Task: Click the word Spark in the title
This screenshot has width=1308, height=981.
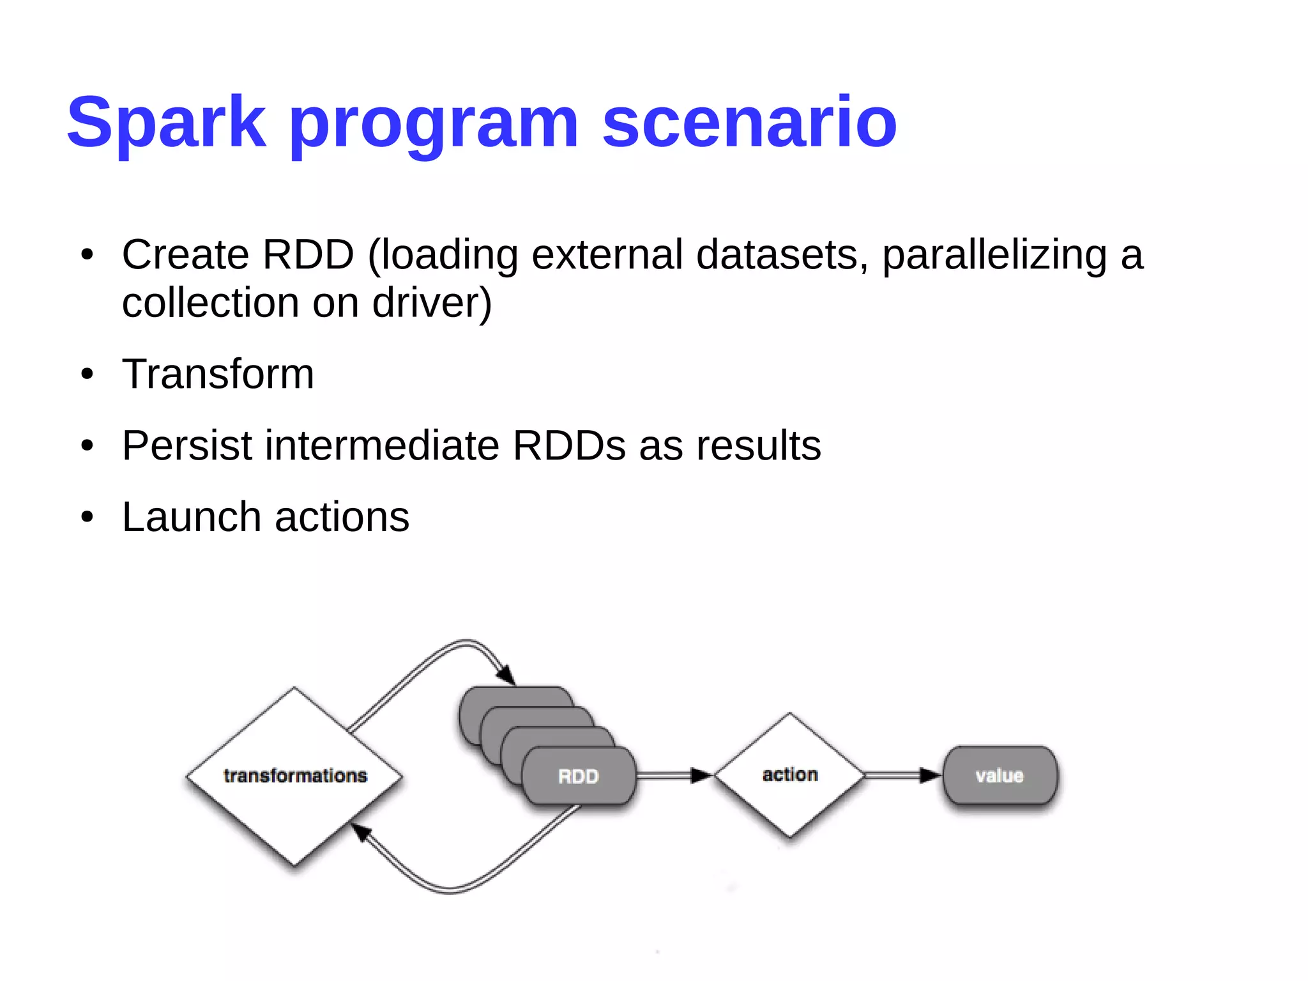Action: (x=166, y=123)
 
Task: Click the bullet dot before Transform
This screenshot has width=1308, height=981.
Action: (x=87, y=375)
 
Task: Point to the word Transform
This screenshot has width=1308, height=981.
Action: (x=218, y=374)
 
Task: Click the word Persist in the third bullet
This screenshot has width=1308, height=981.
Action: (x=186, y=445)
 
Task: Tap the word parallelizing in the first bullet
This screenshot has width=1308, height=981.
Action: (x=994, y=256)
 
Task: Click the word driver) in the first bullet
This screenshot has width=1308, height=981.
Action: (x=432, y=303)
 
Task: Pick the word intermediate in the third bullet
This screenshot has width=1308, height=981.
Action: (x=382, y=445)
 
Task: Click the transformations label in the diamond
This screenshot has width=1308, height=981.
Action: (x=295, y=776)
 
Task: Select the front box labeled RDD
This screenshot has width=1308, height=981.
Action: (x=579, y=776)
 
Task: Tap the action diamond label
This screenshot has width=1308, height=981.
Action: (x=790, y=775)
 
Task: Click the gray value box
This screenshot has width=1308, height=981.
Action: (x=1000, y=776)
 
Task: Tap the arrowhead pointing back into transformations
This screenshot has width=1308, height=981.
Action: (x=361, y=831)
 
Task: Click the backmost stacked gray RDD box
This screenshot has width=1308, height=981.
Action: (x=511, y=697)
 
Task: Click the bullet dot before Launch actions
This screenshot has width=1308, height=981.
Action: (x=87, y=517)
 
